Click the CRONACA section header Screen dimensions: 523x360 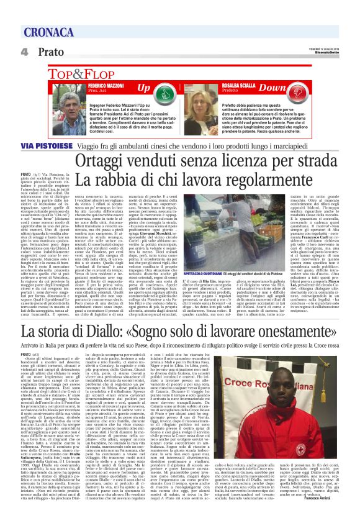[50, 32]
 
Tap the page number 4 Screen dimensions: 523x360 [25, 52]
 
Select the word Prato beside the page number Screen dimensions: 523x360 [51, 52]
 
